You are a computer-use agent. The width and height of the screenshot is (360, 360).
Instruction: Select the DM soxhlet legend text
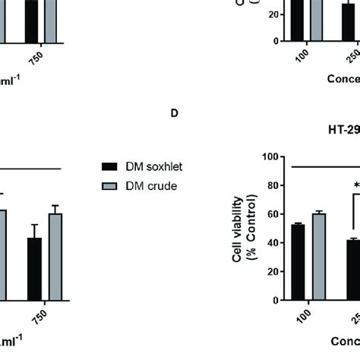point(148,166)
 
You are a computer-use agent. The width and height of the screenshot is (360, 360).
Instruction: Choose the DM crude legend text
point(144,184)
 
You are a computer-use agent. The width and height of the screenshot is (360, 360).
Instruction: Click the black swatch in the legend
point(111,166)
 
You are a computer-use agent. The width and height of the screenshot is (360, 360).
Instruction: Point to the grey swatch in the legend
point(111,184)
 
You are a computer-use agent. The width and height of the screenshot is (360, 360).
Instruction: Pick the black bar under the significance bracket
point(352,270)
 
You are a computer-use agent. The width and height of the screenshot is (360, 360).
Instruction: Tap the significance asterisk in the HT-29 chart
point(355,185)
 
